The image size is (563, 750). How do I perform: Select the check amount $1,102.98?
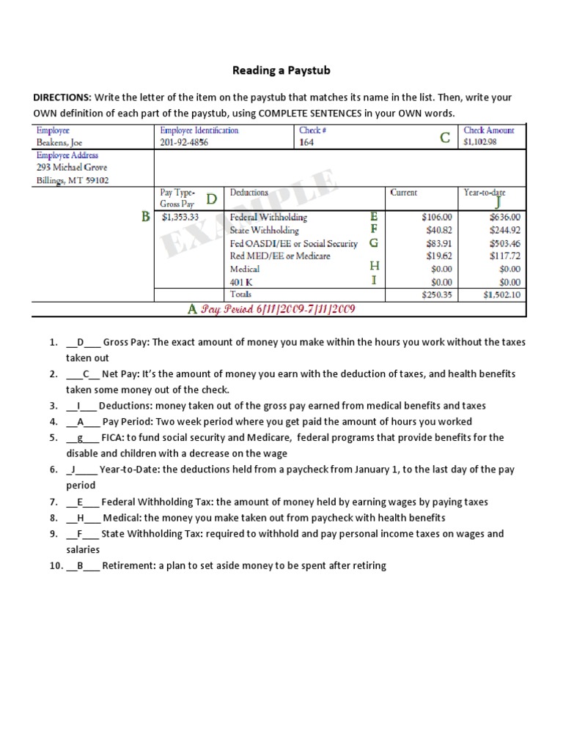click(480, 142)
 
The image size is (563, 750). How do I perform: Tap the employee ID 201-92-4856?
click(184, 142)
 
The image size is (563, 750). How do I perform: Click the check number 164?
click(306, 142)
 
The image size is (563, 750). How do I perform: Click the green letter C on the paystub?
click(445, 138)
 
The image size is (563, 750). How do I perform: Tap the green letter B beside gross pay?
click(145, 217)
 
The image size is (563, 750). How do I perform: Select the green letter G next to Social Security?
click(374, 242)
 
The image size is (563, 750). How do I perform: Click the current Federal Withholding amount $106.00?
click(438, 218)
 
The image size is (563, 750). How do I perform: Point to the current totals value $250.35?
click(438, 295)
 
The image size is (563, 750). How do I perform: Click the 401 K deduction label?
click(243, 282)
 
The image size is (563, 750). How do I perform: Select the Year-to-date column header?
click(484, 193)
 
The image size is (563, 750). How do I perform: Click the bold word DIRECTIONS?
click(62, 97)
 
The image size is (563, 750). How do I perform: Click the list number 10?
click(56, 565)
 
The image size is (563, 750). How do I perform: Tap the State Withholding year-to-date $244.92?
click(504, 230)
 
